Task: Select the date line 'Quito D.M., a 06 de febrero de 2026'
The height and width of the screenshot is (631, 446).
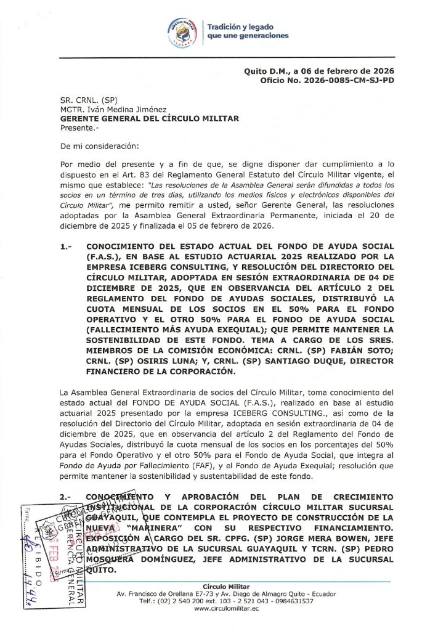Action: click(x=319, y=71)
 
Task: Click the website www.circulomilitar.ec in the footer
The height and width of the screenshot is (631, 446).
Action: click(x=226, y=608)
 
